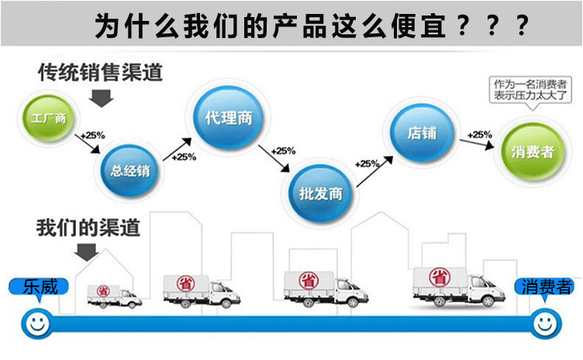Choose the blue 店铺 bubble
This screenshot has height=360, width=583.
coord(421,133)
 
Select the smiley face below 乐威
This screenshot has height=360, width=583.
coord(36,322)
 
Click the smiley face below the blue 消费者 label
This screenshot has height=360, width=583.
coord(544,323)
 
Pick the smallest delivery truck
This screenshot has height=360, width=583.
coord(114,294)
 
